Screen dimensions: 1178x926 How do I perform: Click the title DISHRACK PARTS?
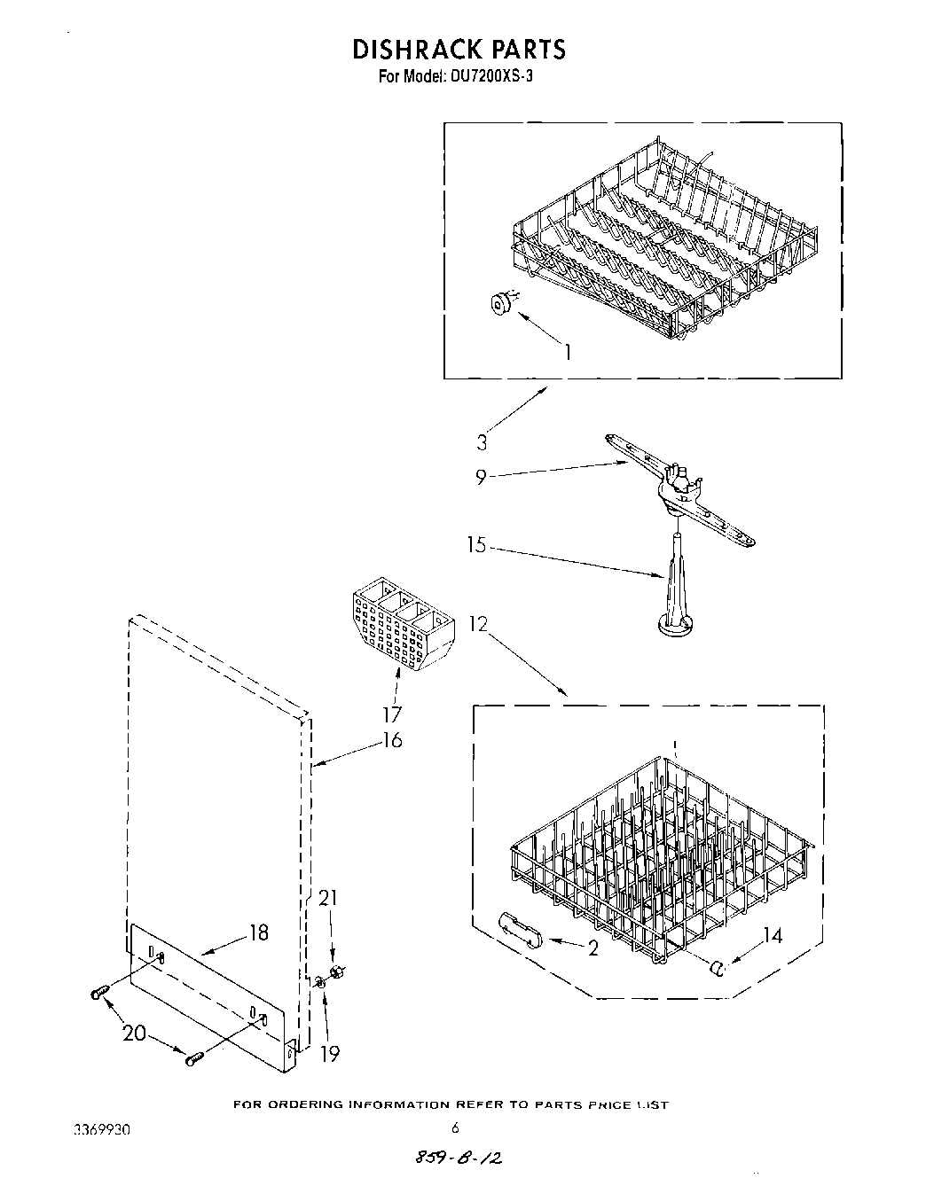click(459, 49)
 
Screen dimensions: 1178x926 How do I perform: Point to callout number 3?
click(482, 443)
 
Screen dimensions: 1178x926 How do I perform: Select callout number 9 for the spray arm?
click(481, 477)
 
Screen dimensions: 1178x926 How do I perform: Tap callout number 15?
click(477, 545)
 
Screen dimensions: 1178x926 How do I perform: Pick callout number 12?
click(479, 624)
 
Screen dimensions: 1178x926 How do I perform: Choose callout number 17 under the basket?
click(391, 714)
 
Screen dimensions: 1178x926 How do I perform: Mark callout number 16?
click(391, 738)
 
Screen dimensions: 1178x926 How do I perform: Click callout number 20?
click(135, 1033)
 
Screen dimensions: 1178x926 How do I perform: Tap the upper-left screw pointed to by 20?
click(99, 994)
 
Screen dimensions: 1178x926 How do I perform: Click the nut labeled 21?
click(336, 973)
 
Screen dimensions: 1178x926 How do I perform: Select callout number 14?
click(773, 935)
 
